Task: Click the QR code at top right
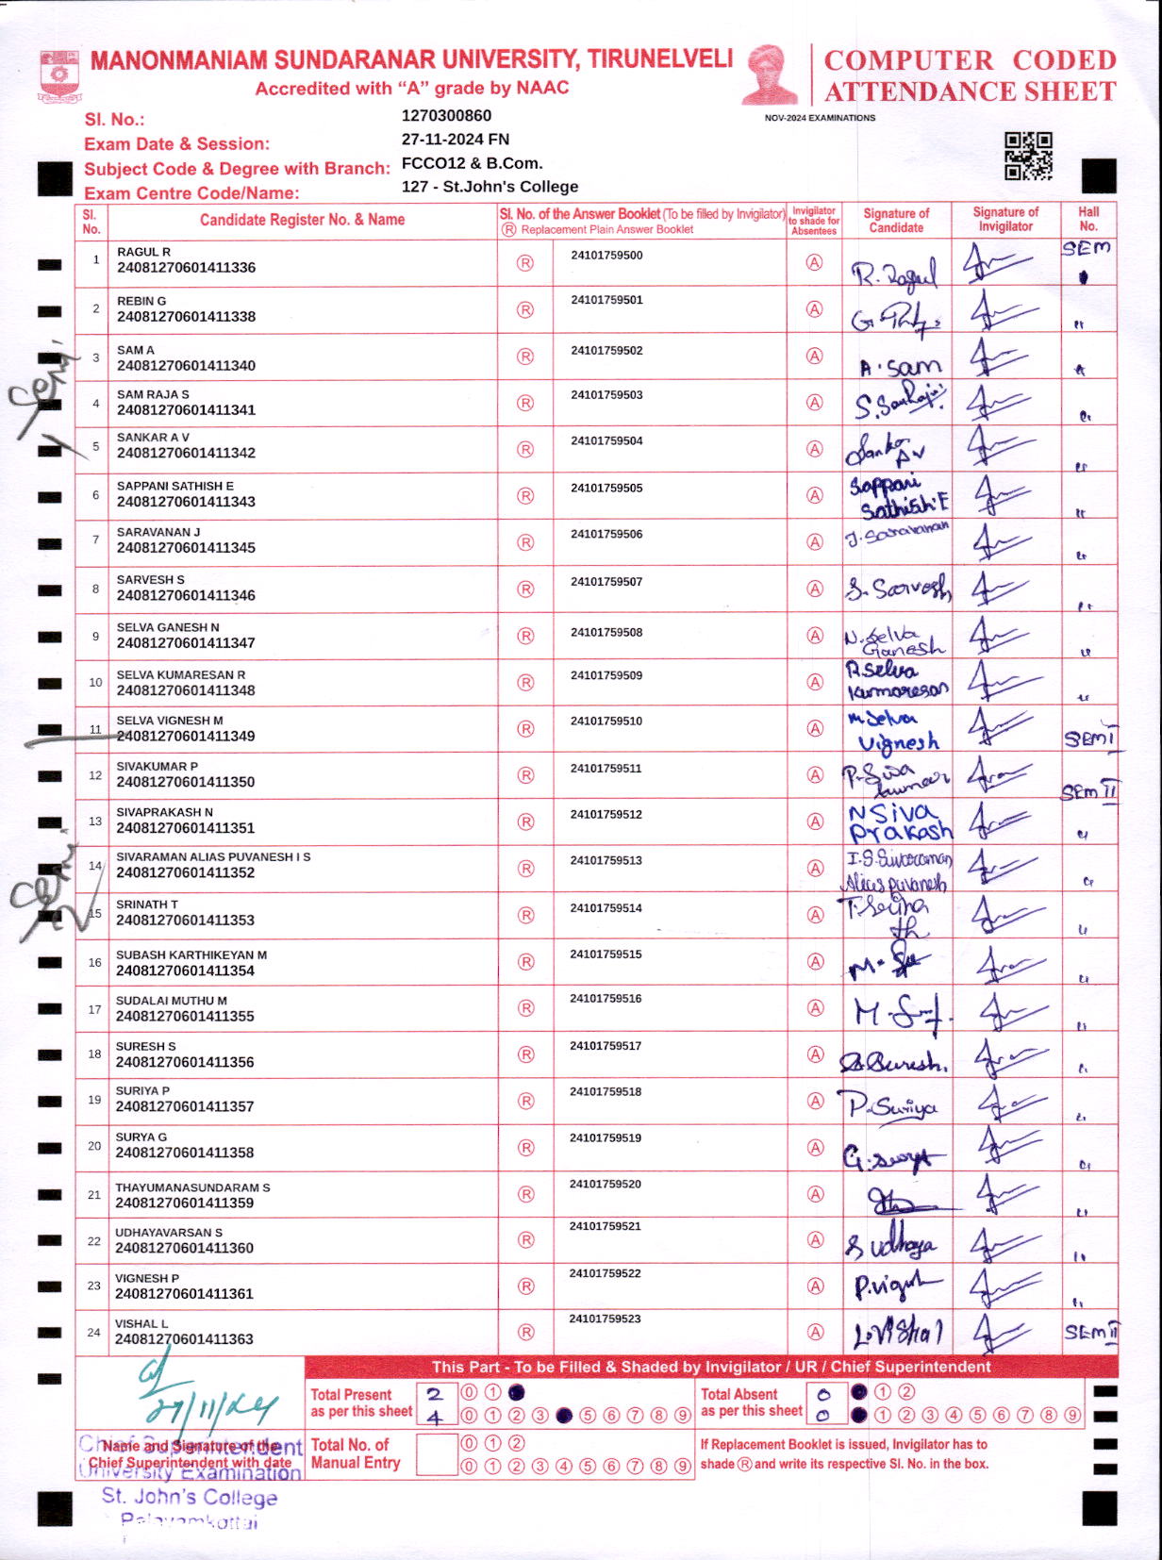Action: tap(1028, 156)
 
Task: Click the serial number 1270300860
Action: tap(446, 116)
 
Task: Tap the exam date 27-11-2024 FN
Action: tap(456, 140)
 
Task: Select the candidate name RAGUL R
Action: tap(143, 252)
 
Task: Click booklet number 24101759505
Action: tap(606, 489)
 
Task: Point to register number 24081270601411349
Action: tap(186, 737)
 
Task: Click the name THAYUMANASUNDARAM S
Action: tap(192, 1187)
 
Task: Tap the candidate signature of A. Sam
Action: tap(900, 366)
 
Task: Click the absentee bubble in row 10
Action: tap(815, 682)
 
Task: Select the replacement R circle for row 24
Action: tap(525, 1333)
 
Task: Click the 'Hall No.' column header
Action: tap(1088, 219)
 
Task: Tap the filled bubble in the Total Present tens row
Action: tap(516, 1392)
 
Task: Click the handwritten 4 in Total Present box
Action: tap(435, 1418)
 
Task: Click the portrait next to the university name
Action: tap(770, 75)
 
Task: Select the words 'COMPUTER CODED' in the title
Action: tap(970, 60)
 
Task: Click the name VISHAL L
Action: tap(141, 1324)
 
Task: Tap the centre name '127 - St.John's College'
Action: tap(490, 187)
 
